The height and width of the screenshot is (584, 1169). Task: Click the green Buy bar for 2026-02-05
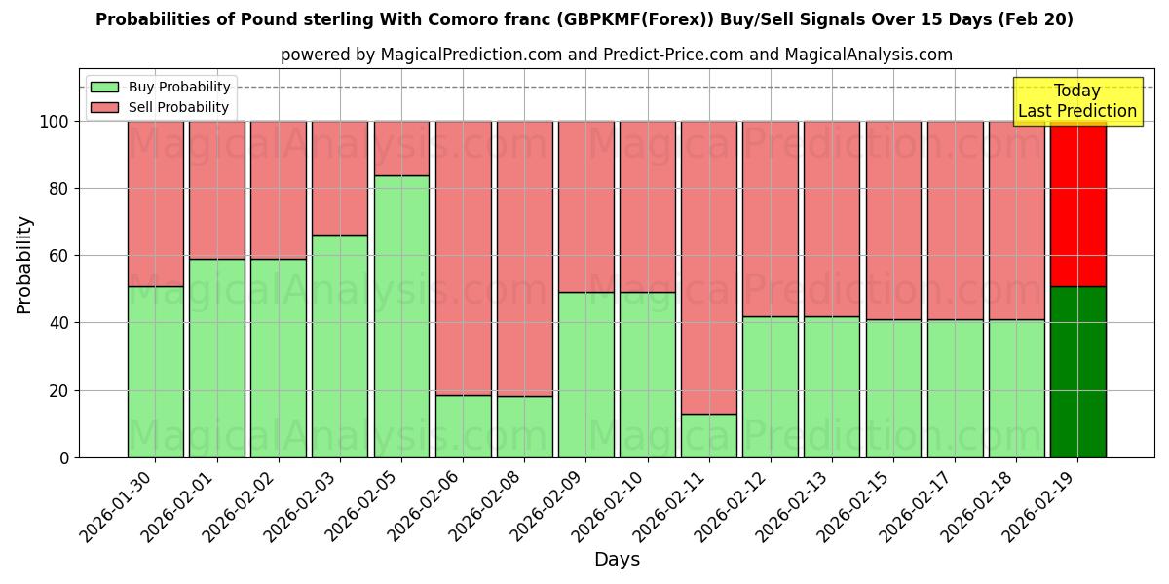(401, 316)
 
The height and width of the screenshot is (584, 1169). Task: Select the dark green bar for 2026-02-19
(1077, 372)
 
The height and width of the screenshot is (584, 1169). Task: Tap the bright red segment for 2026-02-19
(1077, 203)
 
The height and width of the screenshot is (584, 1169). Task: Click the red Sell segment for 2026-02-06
(463, 258)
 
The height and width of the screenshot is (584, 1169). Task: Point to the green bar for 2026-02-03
(340, 346)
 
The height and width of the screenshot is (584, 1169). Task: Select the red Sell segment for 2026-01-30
(155, 203)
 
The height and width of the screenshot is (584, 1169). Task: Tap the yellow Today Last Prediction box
(1076, 101)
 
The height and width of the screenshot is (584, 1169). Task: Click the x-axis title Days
(617, 560)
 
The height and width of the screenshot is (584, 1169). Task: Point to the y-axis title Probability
(24, 265)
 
